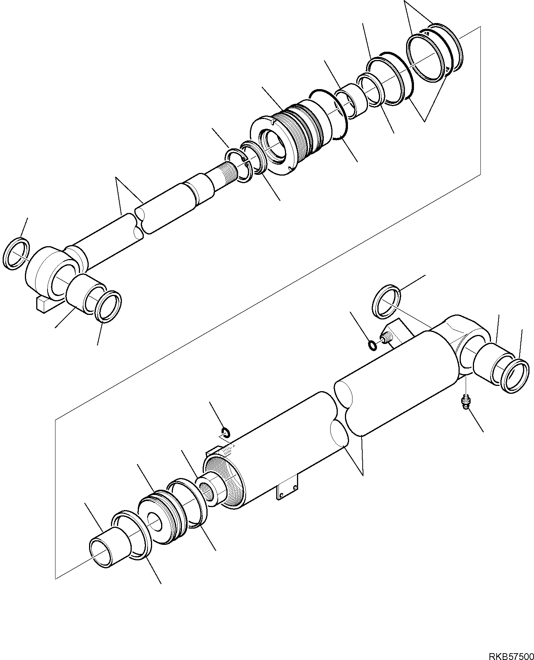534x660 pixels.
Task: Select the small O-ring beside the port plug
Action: [x=372, y=345]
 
